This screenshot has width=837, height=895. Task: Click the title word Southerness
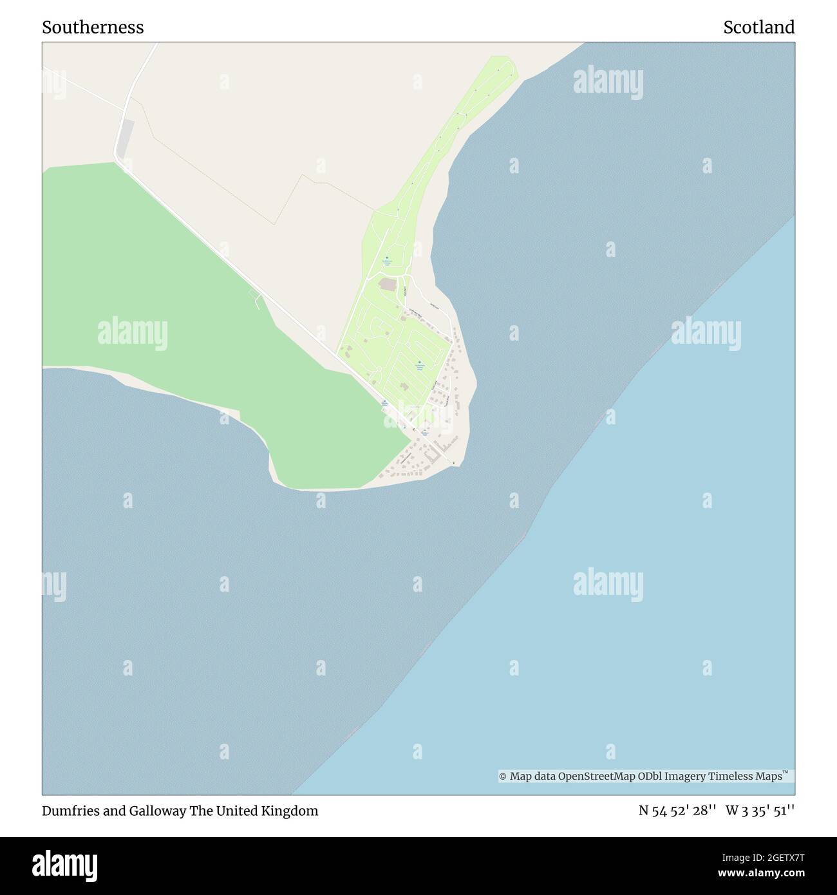[93, 27]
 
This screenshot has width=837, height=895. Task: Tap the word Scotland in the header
[758, 27]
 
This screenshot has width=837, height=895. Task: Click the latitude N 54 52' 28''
[677, 811]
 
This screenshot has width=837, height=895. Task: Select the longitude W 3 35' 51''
[760, 811]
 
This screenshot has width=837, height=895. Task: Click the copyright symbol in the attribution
[503, 777]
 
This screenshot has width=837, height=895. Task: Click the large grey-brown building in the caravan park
[388, 283]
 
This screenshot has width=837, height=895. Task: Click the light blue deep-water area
[612, 612]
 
